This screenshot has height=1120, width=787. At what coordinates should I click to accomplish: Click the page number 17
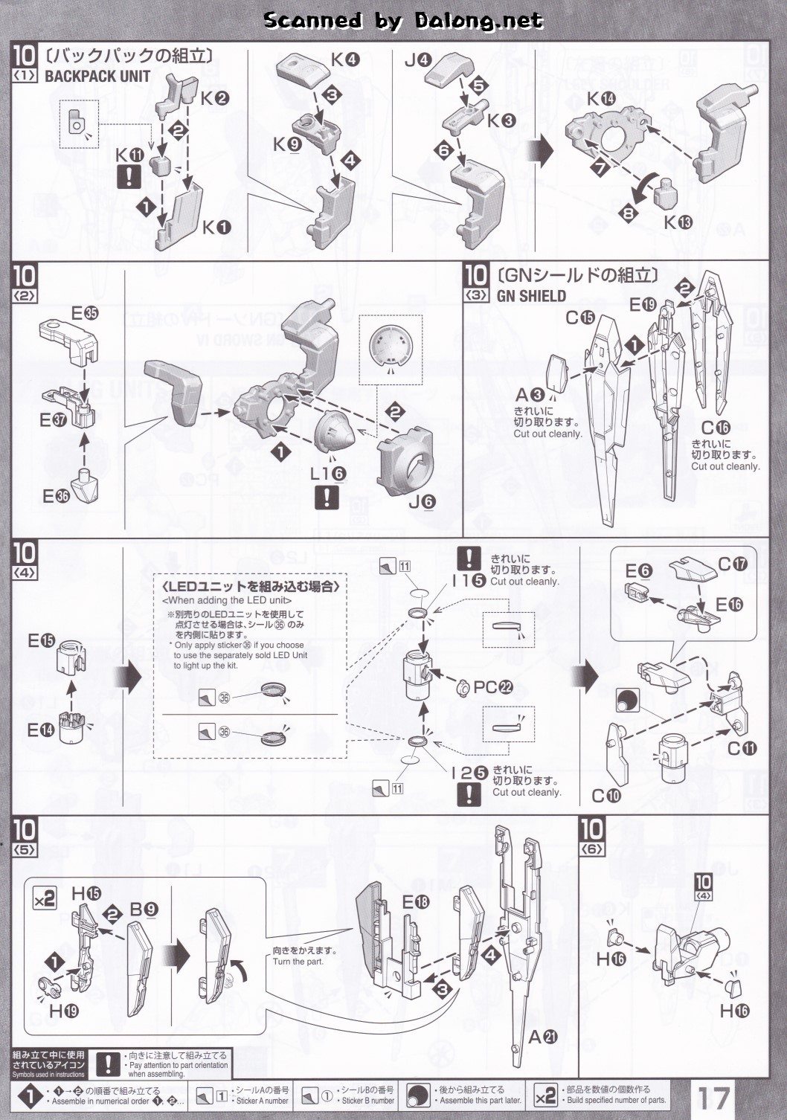tap(713, 1096)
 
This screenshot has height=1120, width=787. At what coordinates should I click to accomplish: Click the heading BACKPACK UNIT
tap(97, 76)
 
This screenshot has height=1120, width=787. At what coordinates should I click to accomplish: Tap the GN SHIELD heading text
tap(531, 296)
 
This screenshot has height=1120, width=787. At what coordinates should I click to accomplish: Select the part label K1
tap(216, 228)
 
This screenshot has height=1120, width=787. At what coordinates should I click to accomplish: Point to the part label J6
tap(422, 502)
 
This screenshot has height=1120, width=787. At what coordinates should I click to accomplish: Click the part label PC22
tap(493, 687)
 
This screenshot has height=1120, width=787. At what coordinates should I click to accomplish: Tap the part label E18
tap(416, 902)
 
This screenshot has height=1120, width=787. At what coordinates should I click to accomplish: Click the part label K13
tap(678, 222)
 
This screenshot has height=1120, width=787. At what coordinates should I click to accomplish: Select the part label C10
tap(605, 796)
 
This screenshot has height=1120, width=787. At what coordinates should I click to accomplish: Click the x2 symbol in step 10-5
tap(44, 899)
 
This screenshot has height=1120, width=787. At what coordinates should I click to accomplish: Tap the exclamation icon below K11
tap(131, 176)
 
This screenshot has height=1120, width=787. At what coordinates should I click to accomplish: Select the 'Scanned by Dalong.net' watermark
tap(402, 20)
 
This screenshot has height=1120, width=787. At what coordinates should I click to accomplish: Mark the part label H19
tap(63, 1011)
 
